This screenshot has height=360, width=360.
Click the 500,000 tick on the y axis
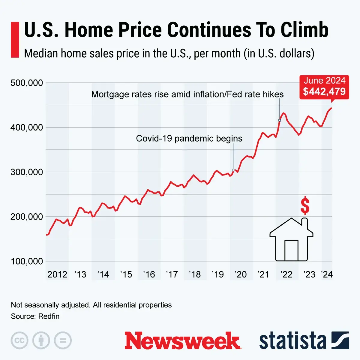click(27, 83)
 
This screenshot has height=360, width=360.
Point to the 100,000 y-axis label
click(27, 261)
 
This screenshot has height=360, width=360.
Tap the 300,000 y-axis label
click(27, 172)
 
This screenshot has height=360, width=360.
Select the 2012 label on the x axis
click(57, 274)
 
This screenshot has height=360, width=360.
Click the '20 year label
click(241, 274)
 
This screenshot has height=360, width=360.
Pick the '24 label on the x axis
click(327, 274)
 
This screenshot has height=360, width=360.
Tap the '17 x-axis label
click(172, 274)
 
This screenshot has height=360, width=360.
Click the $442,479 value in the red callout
click(324, 91)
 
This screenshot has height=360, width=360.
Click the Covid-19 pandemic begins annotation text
click(189, 139)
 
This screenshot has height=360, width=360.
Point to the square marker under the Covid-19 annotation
click(234, 170)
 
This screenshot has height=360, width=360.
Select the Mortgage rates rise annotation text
click(187, 94)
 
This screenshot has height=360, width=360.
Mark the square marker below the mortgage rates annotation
click(280, 120)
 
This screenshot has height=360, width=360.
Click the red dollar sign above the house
click(305, 205)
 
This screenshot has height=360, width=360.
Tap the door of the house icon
click(291, 250)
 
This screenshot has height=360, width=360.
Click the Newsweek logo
click(183, 341)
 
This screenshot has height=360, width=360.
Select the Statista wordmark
click(292, 341)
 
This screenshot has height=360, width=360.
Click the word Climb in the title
click(304, 30)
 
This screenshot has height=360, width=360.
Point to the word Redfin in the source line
click(49, 316)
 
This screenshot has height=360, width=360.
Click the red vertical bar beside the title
click(15, 40)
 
